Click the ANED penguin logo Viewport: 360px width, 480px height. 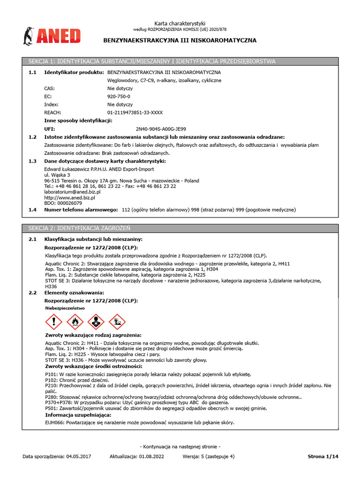click(52, 36)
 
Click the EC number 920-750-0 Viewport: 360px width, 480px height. click(119, 96)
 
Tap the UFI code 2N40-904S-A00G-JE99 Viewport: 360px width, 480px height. click(160, 128)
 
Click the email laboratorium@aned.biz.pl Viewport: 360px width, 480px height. click(72, 192)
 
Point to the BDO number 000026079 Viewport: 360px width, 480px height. click(63, 203)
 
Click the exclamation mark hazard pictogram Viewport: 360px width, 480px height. click(53, 322)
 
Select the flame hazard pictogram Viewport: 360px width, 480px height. click(75, 322)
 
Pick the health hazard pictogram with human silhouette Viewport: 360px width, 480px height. click(96, 322)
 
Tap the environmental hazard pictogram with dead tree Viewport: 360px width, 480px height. click(117, 322)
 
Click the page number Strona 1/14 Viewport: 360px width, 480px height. click(322, 456)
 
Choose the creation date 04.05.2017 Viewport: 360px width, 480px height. click(79, 456)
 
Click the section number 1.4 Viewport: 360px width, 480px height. click(32, 210)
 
